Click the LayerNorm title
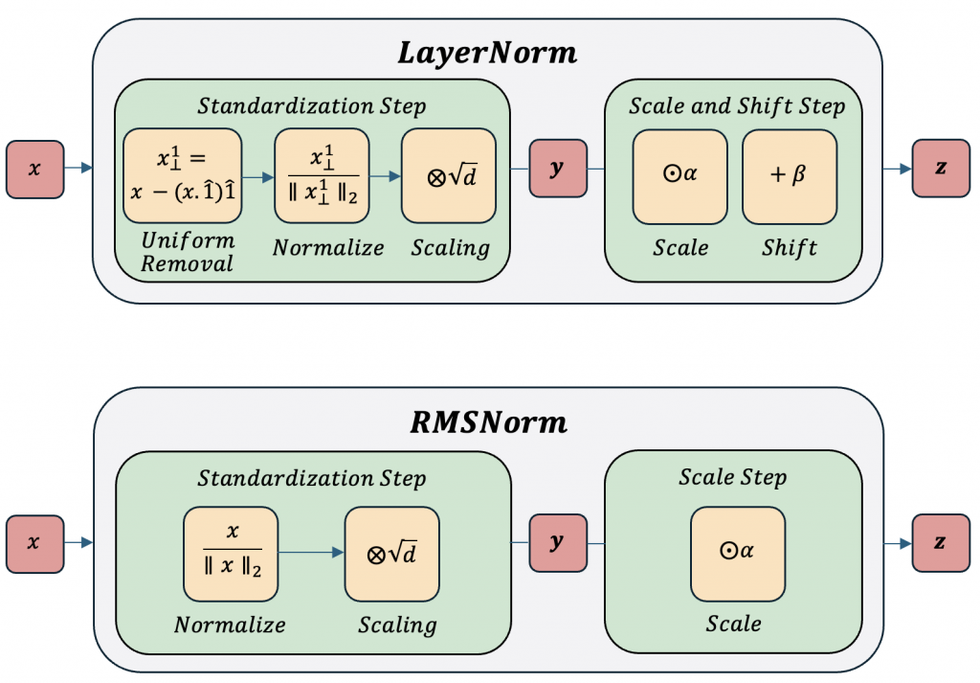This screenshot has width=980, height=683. [488, 52]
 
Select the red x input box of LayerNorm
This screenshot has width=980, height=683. [35, 170]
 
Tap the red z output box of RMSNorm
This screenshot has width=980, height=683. [941, 542]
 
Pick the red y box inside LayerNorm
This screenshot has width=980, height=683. [557, 169]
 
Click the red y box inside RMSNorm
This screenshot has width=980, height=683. [557, 542]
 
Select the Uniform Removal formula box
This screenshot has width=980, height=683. [182, 175]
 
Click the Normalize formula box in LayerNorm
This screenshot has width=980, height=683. [322, 175]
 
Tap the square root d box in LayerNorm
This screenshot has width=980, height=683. [448, 175]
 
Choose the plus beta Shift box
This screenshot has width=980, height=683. [790, 176]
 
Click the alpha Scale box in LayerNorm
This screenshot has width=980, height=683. [680, 176]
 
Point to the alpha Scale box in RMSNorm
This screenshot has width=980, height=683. [737, 552]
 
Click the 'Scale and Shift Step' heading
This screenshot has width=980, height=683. [737, 105]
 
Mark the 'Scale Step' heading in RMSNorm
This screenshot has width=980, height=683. [733, 477]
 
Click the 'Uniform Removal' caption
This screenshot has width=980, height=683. [187, 252]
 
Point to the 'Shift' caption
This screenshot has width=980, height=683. [790, 248]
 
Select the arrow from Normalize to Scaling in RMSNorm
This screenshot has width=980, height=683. [310, 553]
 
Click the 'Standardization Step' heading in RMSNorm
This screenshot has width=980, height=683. [312, 477]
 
